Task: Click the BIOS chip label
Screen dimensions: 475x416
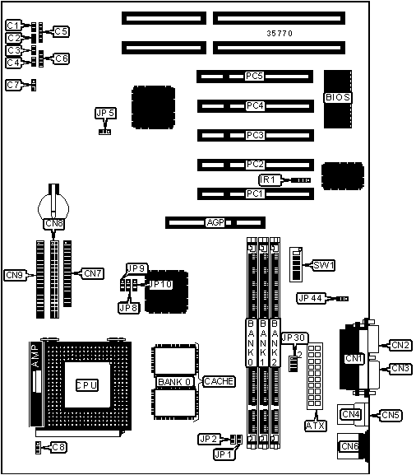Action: tap(337, 97)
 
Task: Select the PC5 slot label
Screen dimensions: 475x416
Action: tap(255, 77)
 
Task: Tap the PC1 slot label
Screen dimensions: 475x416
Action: tap(255, 194)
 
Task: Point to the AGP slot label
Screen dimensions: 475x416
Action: tap(215, 222)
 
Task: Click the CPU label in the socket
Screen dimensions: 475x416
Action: tap(86, 384)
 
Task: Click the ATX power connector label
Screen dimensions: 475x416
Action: tap(315, 426)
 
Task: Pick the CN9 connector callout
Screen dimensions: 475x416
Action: tap(14, 275)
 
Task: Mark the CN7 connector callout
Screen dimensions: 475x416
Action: tap(92, 272)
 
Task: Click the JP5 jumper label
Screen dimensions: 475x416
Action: tap(105, 113)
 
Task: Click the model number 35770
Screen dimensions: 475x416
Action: tap(280, 34)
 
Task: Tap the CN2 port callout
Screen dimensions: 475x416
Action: tap(400, 345)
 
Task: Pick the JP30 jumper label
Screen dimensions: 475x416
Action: tap(294, 338)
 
